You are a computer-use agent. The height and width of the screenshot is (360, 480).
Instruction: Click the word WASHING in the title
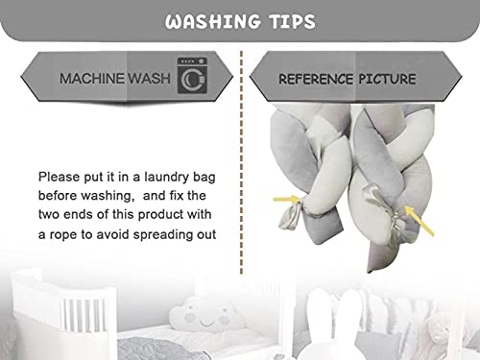coord(213,22)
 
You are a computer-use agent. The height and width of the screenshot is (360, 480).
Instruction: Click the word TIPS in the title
coord(292,22)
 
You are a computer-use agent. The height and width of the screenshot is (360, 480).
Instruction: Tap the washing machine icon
coord(192,76)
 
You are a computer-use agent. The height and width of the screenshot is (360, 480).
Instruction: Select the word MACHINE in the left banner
coord(92,79)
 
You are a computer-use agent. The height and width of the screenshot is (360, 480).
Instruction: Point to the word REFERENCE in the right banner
coord(316,79)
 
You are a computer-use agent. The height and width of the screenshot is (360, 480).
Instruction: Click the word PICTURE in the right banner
coord(387,79)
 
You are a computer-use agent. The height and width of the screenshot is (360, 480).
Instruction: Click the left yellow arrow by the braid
coord(286,200)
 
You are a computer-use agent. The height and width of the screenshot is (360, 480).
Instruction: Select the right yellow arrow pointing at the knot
coord(420,221)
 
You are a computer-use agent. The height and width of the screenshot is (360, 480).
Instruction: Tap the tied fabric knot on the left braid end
coord(291,215)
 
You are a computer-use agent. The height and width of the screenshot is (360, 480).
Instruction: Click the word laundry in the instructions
coord(166,178)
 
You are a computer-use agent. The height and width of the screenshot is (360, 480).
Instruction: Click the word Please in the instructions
coord(59,177)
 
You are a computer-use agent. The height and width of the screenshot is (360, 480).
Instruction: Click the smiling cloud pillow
coord(205,315)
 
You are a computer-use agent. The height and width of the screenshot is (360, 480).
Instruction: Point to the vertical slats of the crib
coord(84,315)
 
